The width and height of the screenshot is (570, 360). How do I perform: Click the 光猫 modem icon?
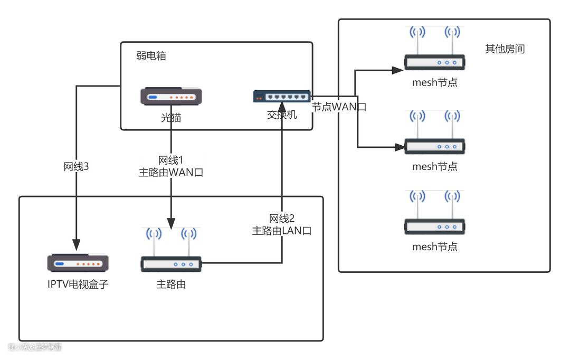point(171,97)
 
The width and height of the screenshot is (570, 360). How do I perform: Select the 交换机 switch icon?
point(282,96)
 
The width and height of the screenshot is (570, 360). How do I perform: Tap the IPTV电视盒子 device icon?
point(78,263)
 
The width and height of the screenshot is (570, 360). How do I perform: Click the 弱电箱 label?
point(151,56)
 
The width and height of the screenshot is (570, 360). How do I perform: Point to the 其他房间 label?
point(505,49)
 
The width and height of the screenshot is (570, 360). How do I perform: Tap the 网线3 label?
point(76,167)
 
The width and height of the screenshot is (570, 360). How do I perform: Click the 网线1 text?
point(171,160)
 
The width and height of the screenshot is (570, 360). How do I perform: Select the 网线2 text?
point(282,219)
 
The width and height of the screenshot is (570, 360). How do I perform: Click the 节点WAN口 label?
point(339,107)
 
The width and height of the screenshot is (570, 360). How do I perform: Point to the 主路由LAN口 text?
point(282,230)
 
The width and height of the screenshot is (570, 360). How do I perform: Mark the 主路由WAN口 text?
point(171,172)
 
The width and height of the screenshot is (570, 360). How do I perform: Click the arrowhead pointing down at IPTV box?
point(76,244)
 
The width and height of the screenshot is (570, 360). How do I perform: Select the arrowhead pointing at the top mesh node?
point(399,69)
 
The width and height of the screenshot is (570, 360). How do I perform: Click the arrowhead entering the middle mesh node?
point(399,147)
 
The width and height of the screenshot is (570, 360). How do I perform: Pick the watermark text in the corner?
point(35,347)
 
